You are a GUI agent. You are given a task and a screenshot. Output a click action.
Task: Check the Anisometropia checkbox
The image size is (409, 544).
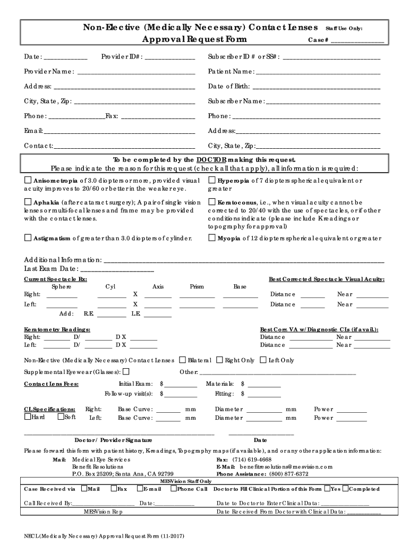pyautogui.click(x=28, y=181)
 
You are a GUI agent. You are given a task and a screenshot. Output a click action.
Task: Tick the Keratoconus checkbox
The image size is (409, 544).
pyautogui.click(x=211, y=202)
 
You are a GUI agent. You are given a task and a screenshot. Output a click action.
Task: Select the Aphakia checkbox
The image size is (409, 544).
pyautogui.click(x=28, y=202)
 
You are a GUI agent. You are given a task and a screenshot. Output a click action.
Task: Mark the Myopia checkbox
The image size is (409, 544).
pyautogui.click(x=211, y=238)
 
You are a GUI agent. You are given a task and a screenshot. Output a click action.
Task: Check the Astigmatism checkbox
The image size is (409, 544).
pyautogui.click(x=28, y=238)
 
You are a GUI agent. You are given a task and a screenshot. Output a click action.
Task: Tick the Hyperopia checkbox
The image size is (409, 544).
pyautogui.click(x=211, y=181)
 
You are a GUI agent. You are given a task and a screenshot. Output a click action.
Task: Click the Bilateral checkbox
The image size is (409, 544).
pyautogui.click(x=183, y=360)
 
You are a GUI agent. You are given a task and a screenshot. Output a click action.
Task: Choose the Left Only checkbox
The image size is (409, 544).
pyautogui.click(x=262, y=360)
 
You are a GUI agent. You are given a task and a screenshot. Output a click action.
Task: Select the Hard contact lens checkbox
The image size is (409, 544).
pyautogui.click(x=28, y=417)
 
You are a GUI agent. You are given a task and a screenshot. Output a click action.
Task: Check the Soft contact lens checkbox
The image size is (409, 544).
pyautogui.click(x=60, y=417)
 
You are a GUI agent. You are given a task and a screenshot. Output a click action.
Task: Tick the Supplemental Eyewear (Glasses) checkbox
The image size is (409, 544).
pyautogui.click(x=126, y=371)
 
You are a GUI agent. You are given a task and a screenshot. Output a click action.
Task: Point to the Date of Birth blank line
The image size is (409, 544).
pyautogui.click(x=317, y=87)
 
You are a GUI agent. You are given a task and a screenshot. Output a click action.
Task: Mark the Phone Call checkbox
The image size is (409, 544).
pyautogui.click(x=173, y=489)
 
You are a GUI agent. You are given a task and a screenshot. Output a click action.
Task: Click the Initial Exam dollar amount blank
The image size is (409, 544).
pyautogui.click(x=181, y=384)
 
